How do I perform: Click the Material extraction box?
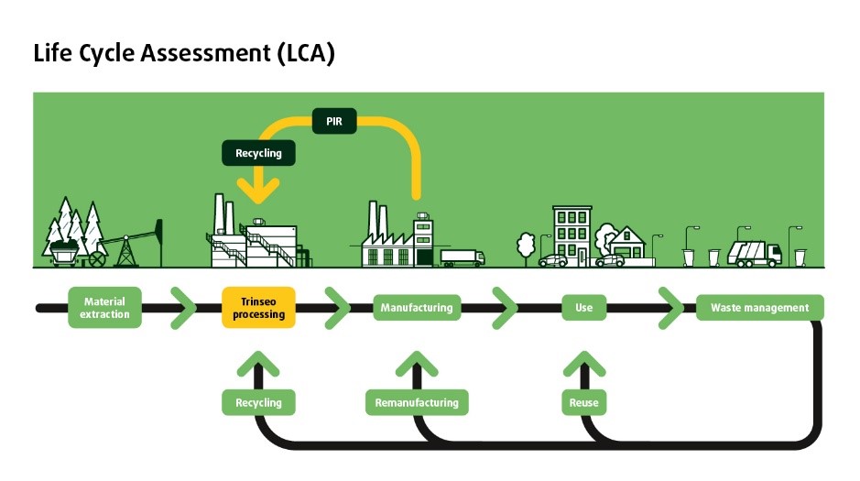click(x=104, y=308)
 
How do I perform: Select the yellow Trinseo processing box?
click(x=258, y=308)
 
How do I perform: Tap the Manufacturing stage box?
click(x=417, y=308)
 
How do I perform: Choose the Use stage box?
click(x=583, y=308)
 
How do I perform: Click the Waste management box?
click(x=759, y=308)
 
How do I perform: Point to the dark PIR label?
click(x=334, y=120)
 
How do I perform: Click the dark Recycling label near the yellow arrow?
click(x=258, y=153)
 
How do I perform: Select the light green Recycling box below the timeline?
click(x=258, y=402)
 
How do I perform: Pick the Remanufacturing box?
click(x=417, y=402)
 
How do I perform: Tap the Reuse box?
click(x=583, y=402)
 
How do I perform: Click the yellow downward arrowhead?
click(x=258, y=191)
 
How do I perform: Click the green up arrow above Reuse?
click(x=583, y=365)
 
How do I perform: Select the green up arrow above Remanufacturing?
click(x=417, y=365)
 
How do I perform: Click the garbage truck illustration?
click(x=754, y=253)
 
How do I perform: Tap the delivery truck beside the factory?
click(x=462, y=257)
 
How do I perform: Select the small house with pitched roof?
click(x=626, y=243)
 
